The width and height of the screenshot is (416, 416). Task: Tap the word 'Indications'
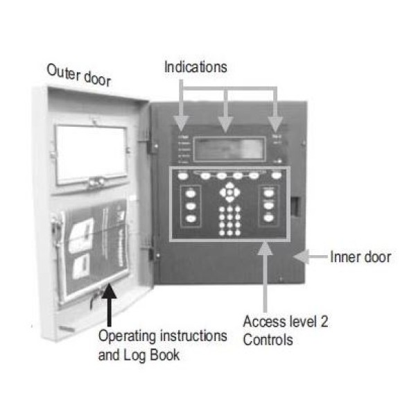(195, 67)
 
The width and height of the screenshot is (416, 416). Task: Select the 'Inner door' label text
(360, 257)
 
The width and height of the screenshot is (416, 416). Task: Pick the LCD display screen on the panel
(229, 148)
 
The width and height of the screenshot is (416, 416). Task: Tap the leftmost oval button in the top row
(183, 176)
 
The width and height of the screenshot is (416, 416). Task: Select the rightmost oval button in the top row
(276, 176)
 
